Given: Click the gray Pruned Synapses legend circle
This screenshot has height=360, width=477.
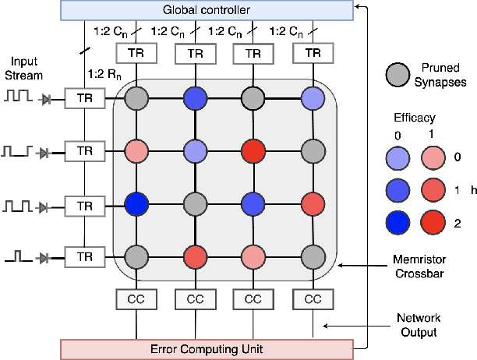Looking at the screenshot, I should click(399, 76).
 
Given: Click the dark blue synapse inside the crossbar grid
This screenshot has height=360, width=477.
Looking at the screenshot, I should click(137, 204).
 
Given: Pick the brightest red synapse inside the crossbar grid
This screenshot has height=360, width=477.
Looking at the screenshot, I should click(253, 150).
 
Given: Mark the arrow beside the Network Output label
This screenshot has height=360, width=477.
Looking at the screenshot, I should click(346, 326).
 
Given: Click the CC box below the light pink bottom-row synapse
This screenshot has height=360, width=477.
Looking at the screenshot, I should click(253, 298).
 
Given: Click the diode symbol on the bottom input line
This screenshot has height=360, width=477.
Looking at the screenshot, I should click(48, 257).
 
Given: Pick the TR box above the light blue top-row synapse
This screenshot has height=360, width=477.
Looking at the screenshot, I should click(313, 54).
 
